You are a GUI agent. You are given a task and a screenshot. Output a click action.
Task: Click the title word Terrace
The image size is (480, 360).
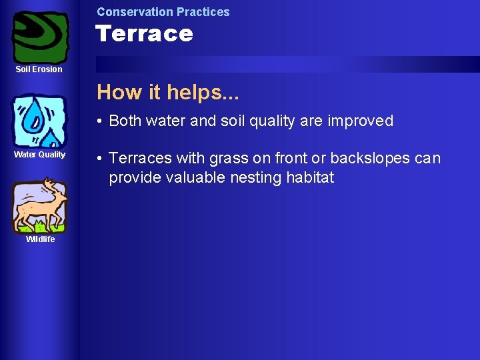[144, 33]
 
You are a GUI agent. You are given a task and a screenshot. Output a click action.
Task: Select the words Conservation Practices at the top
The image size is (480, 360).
[163, 11]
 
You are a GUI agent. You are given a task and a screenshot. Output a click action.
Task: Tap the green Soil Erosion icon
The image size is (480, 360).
[40, 36]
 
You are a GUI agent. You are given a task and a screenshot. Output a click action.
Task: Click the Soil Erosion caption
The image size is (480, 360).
[39, 69]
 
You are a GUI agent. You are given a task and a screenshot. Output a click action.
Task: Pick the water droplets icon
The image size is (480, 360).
[40, 121]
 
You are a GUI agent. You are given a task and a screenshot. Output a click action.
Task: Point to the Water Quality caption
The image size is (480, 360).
[40, 155]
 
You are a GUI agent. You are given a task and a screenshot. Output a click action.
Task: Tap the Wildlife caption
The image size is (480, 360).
[40, 239]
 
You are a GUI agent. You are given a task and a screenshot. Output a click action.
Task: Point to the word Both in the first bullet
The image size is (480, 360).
[125, 121]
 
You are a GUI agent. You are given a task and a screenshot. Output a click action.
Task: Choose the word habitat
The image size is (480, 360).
[311, 177]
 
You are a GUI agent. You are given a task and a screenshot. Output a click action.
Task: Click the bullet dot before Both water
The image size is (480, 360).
[99, 121]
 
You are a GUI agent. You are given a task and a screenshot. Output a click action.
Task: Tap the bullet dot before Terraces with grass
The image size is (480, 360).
[99, 159]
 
